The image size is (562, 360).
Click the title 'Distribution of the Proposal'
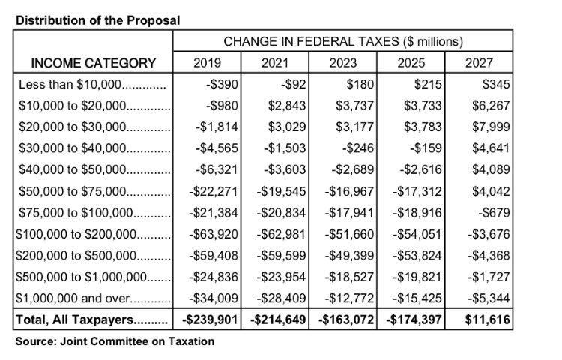click(97, 19)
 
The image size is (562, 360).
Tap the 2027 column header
click(479, 63)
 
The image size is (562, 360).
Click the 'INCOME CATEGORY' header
click(94, 63)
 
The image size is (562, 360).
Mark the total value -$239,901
click(212, 321)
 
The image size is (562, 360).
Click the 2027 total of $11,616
click(486, 321)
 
